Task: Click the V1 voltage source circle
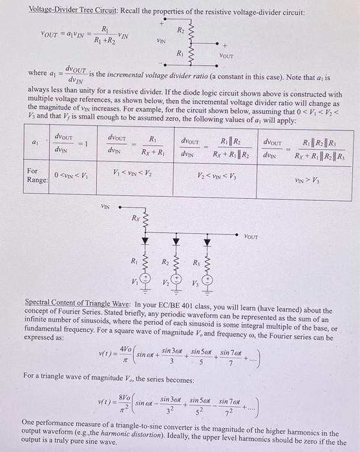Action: (x=147, y=281)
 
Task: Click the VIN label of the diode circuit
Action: (x=105, y=206)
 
